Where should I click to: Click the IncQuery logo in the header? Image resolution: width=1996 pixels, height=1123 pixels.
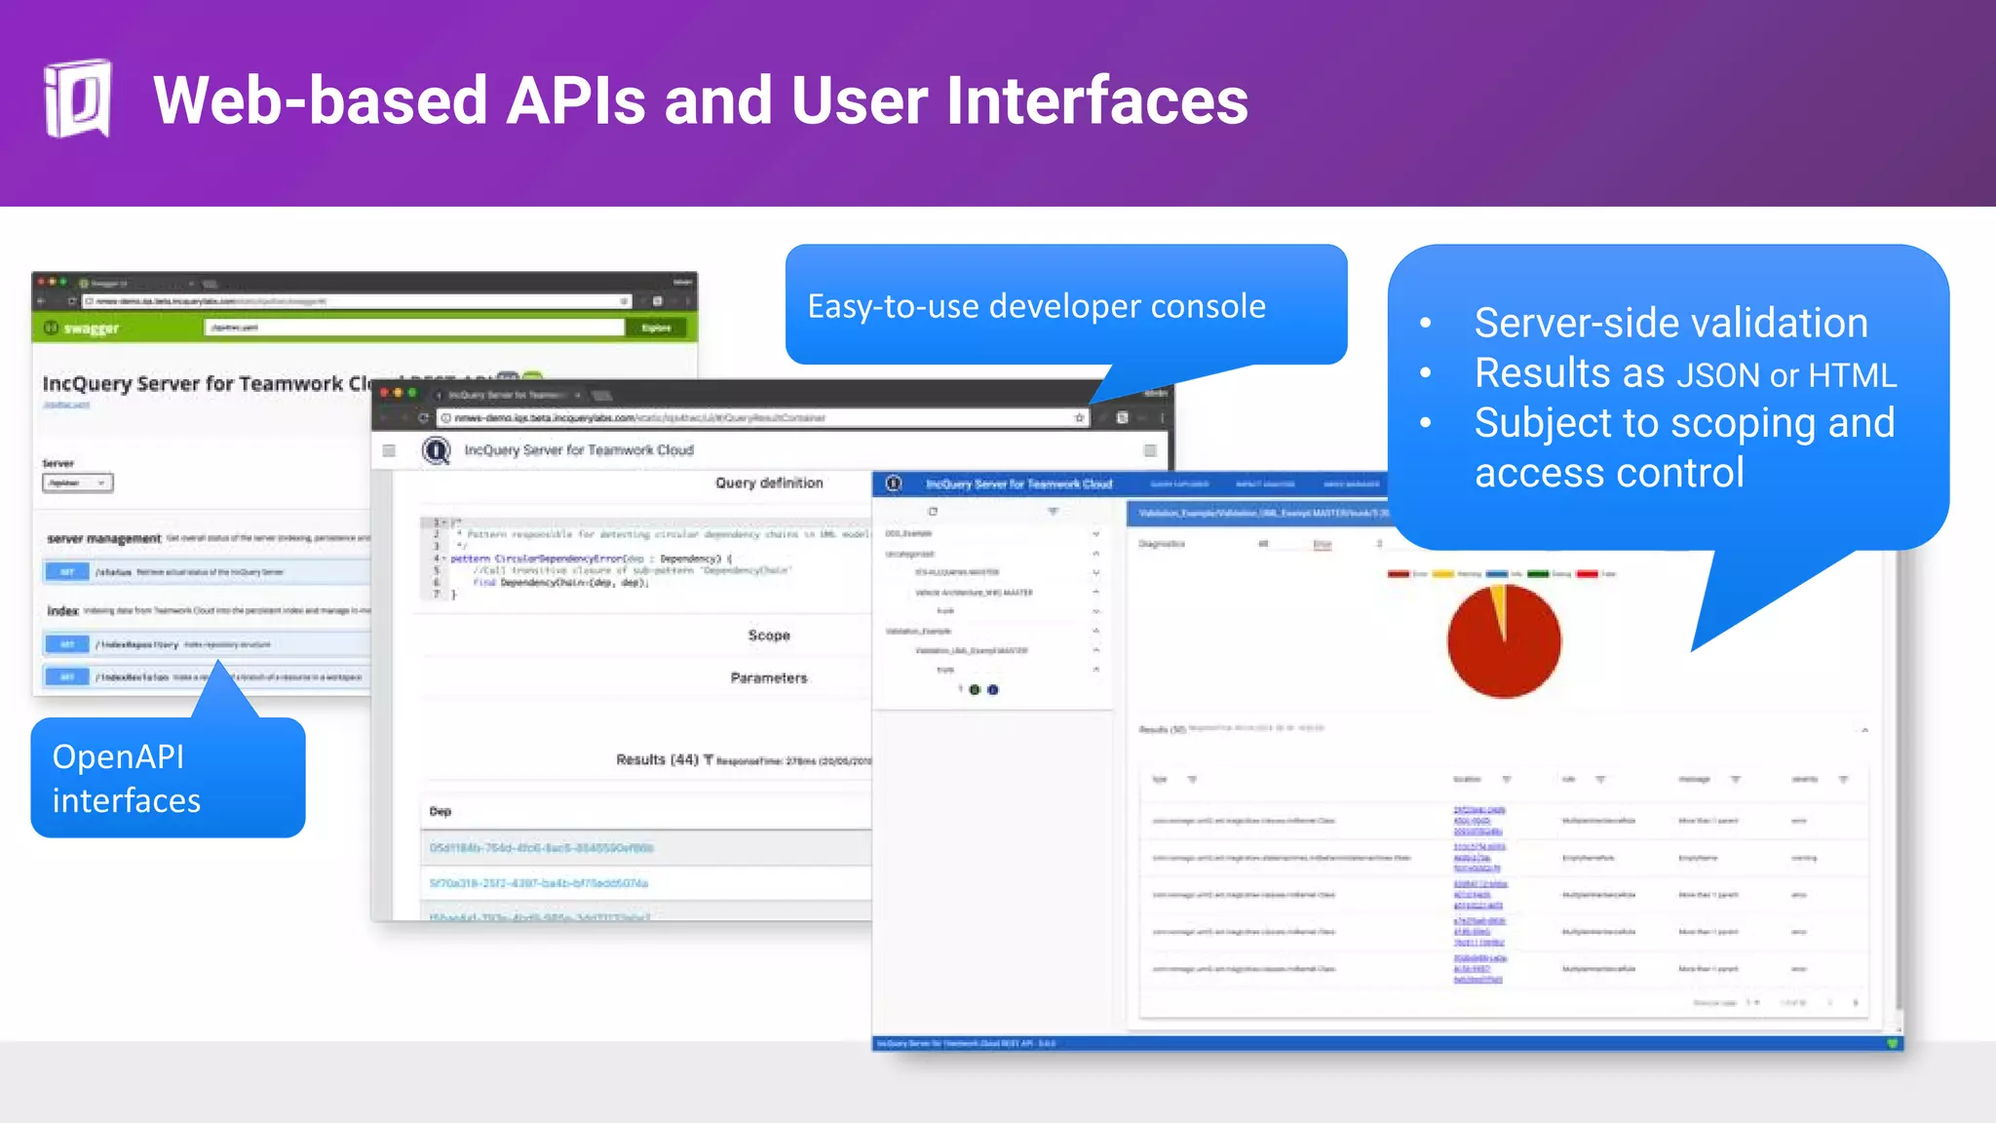pos(78,99)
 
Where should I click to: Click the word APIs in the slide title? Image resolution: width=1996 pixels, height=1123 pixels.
pos(575,101)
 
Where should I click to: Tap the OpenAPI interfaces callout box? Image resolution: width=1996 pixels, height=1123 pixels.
pos(168,778)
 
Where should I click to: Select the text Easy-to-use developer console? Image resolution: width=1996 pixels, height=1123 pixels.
pos(1036,306)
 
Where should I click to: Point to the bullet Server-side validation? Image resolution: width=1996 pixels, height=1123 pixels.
pos(1670,324)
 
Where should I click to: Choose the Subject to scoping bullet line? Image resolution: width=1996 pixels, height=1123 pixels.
pos(1684,423)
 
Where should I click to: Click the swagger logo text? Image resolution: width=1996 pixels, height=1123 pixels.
pos(91,329)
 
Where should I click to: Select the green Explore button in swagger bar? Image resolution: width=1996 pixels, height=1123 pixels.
pos(656,328)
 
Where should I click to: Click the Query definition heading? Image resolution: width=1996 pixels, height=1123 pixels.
pos(769,483)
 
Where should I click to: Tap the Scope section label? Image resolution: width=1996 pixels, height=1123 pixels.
pos(769,636)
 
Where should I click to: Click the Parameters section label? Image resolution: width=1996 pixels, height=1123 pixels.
pos(769,678)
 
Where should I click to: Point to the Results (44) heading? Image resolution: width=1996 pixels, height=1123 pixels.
pos(658,759)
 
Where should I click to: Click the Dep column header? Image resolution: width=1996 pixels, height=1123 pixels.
pos(441,811)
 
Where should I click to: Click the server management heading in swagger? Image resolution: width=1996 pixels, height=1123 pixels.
pos(104,538)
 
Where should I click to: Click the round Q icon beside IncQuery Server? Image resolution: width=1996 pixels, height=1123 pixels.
pos(436,450)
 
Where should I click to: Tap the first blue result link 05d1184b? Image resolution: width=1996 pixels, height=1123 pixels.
pos(542,848)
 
